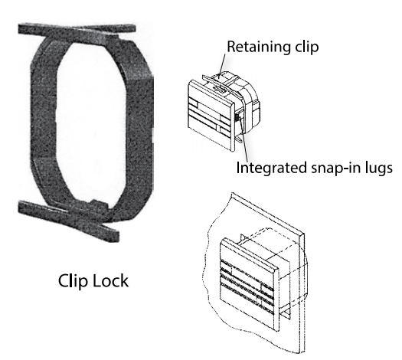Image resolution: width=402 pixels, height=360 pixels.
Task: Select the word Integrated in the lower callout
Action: pyautogui.click(x=272, y=169)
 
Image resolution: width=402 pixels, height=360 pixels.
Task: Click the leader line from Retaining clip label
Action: pyautogui.click(x=223, y=65)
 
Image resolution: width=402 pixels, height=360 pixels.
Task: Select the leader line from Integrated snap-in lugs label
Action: pyautogui.click(x=244, y=139)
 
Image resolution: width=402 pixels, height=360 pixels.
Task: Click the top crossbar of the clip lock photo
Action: pyautogui.click(x=77, y=29)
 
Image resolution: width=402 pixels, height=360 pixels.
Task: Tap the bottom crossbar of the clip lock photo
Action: pyautogui.click(x=69, y=218)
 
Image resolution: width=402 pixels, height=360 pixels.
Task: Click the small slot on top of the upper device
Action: pyautogui.click(x=220, y=90)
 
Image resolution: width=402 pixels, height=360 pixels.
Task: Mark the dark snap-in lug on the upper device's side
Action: pyautogui.click(x=237, y=118)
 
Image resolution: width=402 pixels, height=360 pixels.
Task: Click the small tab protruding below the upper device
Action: pyautogui.click(x=238, y=139)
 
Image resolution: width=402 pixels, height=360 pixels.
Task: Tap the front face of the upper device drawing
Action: pyautogui.click(x=211, y=116)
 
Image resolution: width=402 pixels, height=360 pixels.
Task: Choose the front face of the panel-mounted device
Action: pyautogui.click(x=249, y=285)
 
